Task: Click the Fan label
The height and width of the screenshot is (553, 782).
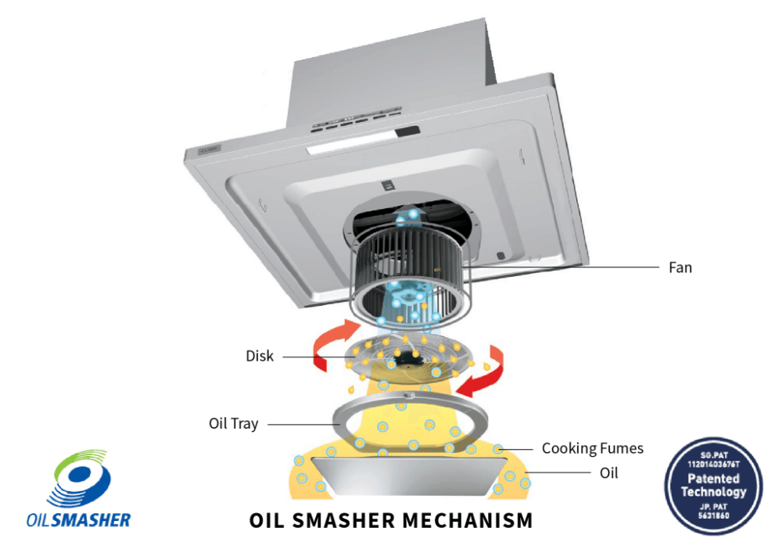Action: (680, 268)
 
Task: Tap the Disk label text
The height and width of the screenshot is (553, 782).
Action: (260, 356)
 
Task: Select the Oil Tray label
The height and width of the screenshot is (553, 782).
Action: (233, 423)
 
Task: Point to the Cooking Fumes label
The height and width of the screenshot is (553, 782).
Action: (592, 448)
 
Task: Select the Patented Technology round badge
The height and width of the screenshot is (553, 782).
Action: (713, 486)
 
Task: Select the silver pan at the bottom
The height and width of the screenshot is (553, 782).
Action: (406, 476)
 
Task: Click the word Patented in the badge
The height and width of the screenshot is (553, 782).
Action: (713, 479)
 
